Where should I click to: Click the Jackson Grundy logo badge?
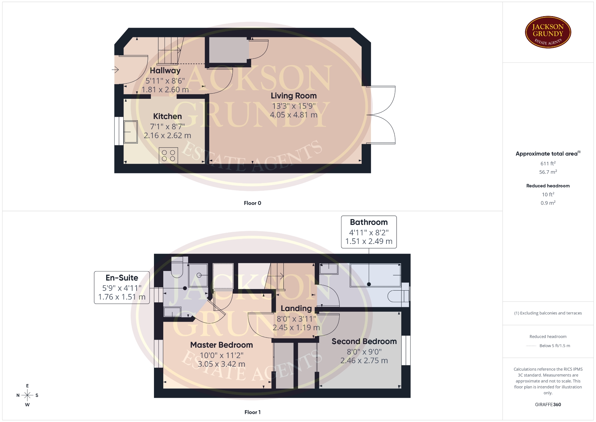tap(548, 32)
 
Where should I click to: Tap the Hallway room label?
tap(165, 71)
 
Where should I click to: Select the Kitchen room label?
tap(167, 116)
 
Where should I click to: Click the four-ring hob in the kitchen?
tap(169, 155)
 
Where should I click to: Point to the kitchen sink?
tap(131, 132)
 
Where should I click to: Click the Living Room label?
tap(294, 96)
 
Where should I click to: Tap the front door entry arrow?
tap(115, 70)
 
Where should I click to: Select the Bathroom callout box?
tap(369, 232)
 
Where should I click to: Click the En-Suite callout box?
tap(122, 287)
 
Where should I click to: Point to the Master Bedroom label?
tap(221, 345)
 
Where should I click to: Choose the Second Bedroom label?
tap(364, 341)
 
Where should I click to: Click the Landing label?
tap(296, 308)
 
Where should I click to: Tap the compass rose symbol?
tap(27, 395)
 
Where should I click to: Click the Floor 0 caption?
tap(252, 203)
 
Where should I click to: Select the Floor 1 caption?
tap(252, 412)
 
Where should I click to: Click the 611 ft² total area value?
tap(548, 163)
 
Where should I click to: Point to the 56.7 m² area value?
tap(548, 172)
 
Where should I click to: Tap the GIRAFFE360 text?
tap(548, 405)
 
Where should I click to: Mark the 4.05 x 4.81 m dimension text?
tap(294, 115)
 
